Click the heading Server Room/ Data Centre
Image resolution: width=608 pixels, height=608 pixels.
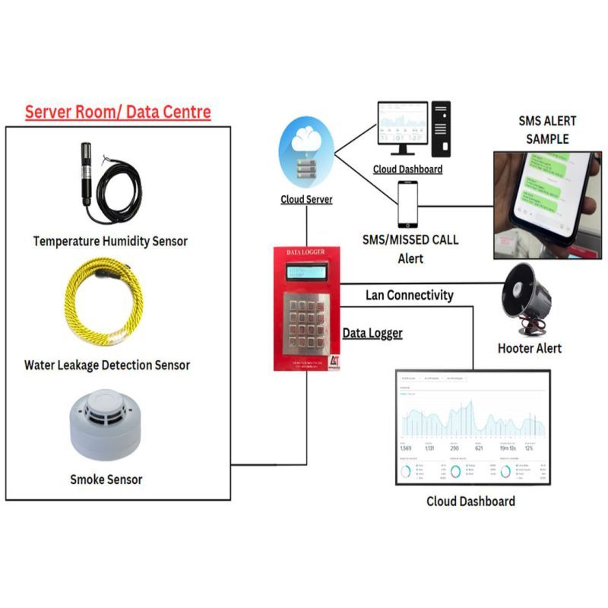tap(118, 112)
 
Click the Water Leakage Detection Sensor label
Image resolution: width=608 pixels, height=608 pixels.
tap(107, 365)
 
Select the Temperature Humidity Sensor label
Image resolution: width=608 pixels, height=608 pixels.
tap(110, 241)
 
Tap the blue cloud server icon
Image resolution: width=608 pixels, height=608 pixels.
tap(306, 157)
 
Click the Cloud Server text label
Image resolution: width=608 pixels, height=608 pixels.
tap(306, 200)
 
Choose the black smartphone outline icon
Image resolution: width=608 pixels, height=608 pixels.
tap(408, 203)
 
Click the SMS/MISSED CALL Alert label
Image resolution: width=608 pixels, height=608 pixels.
tap(410, 249)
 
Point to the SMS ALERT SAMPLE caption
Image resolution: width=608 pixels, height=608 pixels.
tap(547, 130)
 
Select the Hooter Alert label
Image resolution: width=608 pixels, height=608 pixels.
tap(530, 348)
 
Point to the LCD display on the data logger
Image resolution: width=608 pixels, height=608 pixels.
tap(306, 271)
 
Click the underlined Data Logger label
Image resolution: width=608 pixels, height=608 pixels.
tap(372, 333)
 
